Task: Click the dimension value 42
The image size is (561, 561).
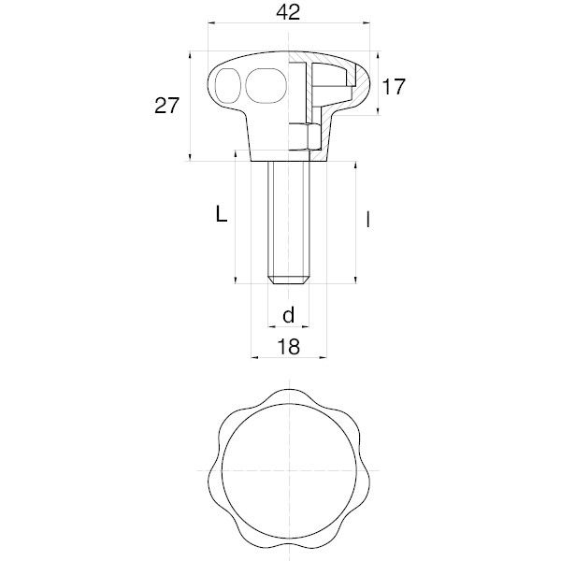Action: point(288,12)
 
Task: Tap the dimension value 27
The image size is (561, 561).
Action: point(166,106)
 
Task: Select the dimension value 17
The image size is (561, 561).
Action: point(394,87)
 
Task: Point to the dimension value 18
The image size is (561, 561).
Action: point(289,347)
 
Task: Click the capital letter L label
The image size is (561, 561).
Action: point(222,215)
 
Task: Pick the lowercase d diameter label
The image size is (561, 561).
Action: point(288,315)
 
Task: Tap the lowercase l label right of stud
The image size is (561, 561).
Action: point(368,220)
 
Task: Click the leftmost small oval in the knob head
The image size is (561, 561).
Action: point(227,85)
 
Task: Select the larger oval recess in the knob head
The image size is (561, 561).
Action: point(266,86)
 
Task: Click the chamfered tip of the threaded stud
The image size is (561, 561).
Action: point(289,280)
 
